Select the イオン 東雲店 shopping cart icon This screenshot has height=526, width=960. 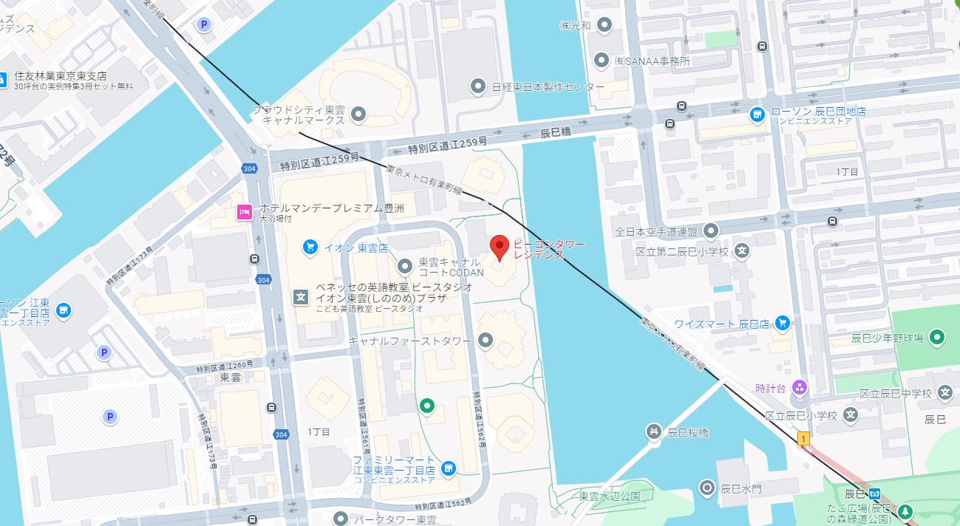(310, 247)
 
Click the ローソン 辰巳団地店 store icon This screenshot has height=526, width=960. (757, 115)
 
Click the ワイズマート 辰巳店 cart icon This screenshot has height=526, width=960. (783, 323)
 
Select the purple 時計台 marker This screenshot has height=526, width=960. (799, 387)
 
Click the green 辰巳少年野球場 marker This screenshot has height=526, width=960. (937, 338)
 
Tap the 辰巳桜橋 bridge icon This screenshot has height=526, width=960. (653, 431)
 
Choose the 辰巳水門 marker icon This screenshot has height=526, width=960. (707, 488)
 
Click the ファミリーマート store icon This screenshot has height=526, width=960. (448, 468)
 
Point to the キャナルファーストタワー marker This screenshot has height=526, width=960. (486, 340)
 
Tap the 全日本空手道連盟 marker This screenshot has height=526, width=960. (711, 231)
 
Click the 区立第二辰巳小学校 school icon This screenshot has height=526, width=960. (743, 252)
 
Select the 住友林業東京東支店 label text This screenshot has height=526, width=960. (61, 76)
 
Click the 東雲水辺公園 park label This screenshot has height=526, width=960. (610, 496)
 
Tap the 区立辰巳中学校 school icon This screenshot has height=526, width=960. (944, 393)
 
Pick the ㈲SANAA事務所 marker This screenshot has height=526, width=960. (602, 61)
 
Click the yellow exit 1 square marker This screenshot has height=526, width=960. (803, 439)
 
